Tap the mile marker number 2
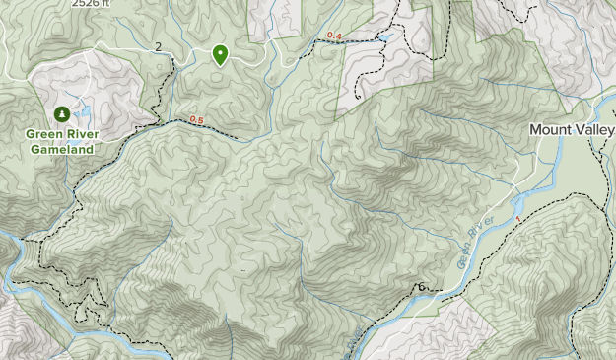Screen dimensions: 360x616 [x=159, y=47]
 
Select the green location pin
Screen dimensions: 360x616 [x=220, y=54]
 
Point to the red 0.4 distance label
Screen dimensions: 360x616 [x=334, y=36]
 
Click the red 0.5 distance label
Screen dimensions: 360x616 [x=196, y=120]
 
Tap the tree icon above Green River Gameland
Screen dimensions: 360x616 [x=62, y=113]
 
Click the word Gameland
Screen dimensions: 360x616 [x=61, y=150]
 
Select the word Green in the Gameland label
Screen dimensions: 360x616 [x=44, y=135]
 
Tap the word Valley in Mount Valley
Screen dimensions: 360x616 [x=594, y=129]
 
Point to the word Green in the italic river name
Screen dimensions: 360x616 [x=464, y=258]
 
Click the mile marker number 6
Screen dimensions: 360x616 [x=422, y=287]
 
